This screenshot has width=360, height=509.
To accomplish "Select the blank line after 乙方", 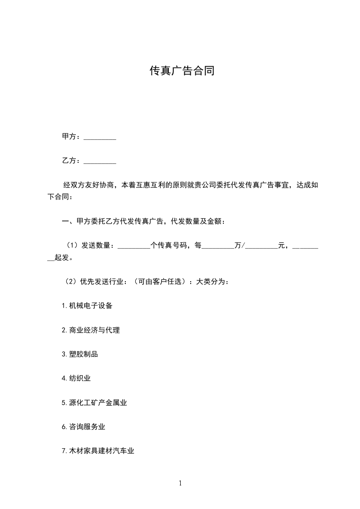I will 100,161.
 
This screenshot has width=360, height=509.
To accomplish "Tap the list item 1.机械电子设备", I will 87,306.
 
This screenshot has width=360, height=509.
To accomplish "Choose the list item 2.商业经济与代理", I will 91,330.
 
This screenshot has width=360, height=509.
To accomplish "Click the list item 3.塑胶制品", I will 80,354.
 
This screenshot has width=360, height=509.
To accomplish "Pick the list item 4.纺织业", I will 76,378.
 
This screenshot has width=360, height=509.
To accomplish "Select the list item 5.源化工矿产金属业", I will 94,402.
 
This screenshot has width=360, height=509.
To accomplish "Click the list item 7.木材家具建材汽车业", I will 98,451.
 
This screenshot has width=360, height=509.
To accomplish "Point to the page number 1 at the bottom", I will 180,484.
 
